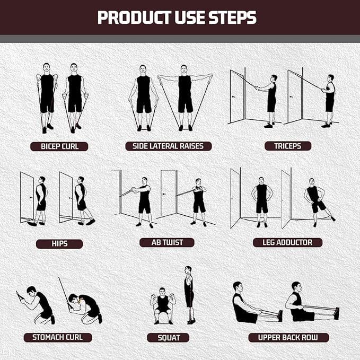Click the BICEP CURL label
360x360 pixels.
[59, 146]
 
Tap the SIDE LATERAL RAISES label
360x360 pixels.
[169, 146]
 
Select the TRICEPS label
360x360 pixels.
[288, 146]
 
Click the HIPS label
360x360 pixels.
[59, 244]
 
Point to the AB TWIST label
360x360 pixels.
[166, 242]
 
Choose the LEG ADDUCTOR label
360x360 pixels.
[287, 242]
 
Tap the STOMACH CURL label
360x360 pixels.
[58, 337]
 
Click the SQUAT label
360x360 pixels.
[168, 338]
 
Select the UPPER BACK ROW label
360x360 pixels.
[288, 337]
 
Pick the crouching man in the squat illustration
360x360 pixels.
[163, 305]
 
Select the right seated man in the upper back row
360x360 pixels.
[300, 304]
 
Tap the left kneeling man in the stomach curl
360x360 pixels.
[39, 304]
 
